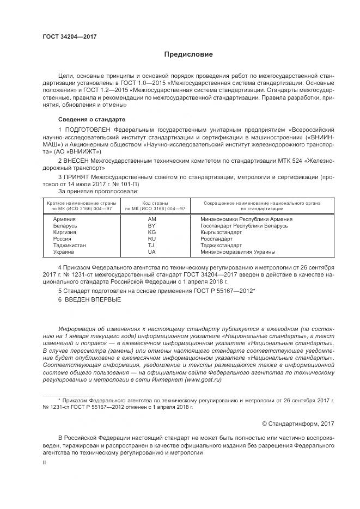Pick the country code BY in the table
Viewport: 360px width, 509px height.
pos(152,225)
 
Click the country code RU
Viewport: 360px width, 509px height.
pos(152,238)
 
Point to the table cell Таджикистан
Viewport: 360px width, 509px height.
pos(69,245)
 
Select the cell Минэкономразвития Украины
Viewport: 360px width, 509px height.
pos(237,252)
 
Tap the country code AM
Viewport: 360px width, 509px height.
pos(152,219)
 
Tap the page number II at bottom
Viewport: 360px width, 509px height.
pos(45,463)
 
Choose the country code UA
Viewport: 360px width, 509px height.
pos(152,252)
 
